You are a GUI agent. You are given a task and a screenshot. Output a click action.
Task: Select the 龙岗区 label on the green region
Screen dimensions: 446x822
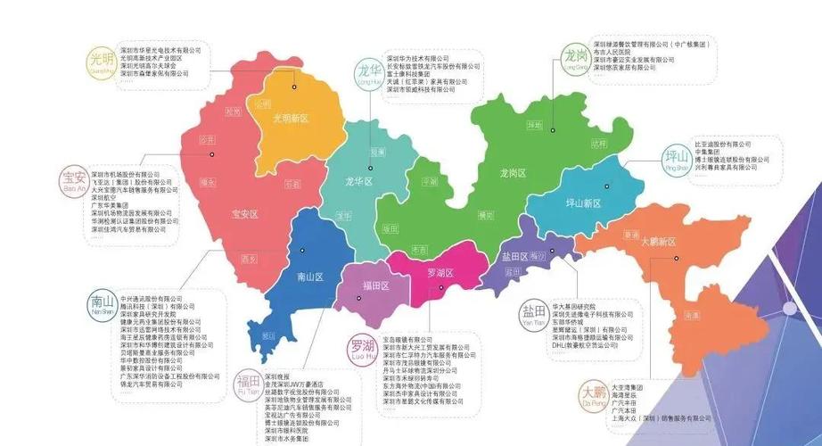coord(516,172)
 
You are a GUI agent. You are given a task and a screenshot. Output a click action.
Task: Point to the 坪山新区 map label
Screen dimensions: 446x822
coord(583,203)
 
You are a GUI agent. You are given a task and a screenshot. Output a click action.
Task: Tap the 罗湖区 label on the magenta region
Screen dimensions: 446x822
coord(440,273)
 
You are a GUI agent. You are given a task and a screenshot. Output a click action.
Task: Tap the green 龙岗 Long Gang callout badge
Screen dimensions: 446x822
coord(573,57)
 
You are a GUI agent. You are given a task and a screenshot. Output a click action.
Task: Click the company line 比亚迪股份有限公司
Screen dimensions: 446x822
coord(722,144)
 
